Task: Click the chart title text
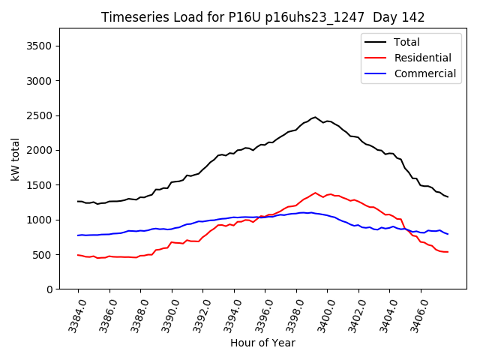tap(262, 17)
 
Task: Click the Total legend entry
tap(406, 43)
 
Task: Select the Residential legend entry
tap(422, 58)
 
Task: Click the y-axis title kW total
tap(15, 159)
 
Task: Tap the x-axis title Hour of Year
tap(262, 343)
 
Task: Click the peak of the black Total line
tap(315, 117)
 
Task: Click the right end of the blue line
tap(448, 234)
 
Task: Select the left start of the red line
tap(78, 255)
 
